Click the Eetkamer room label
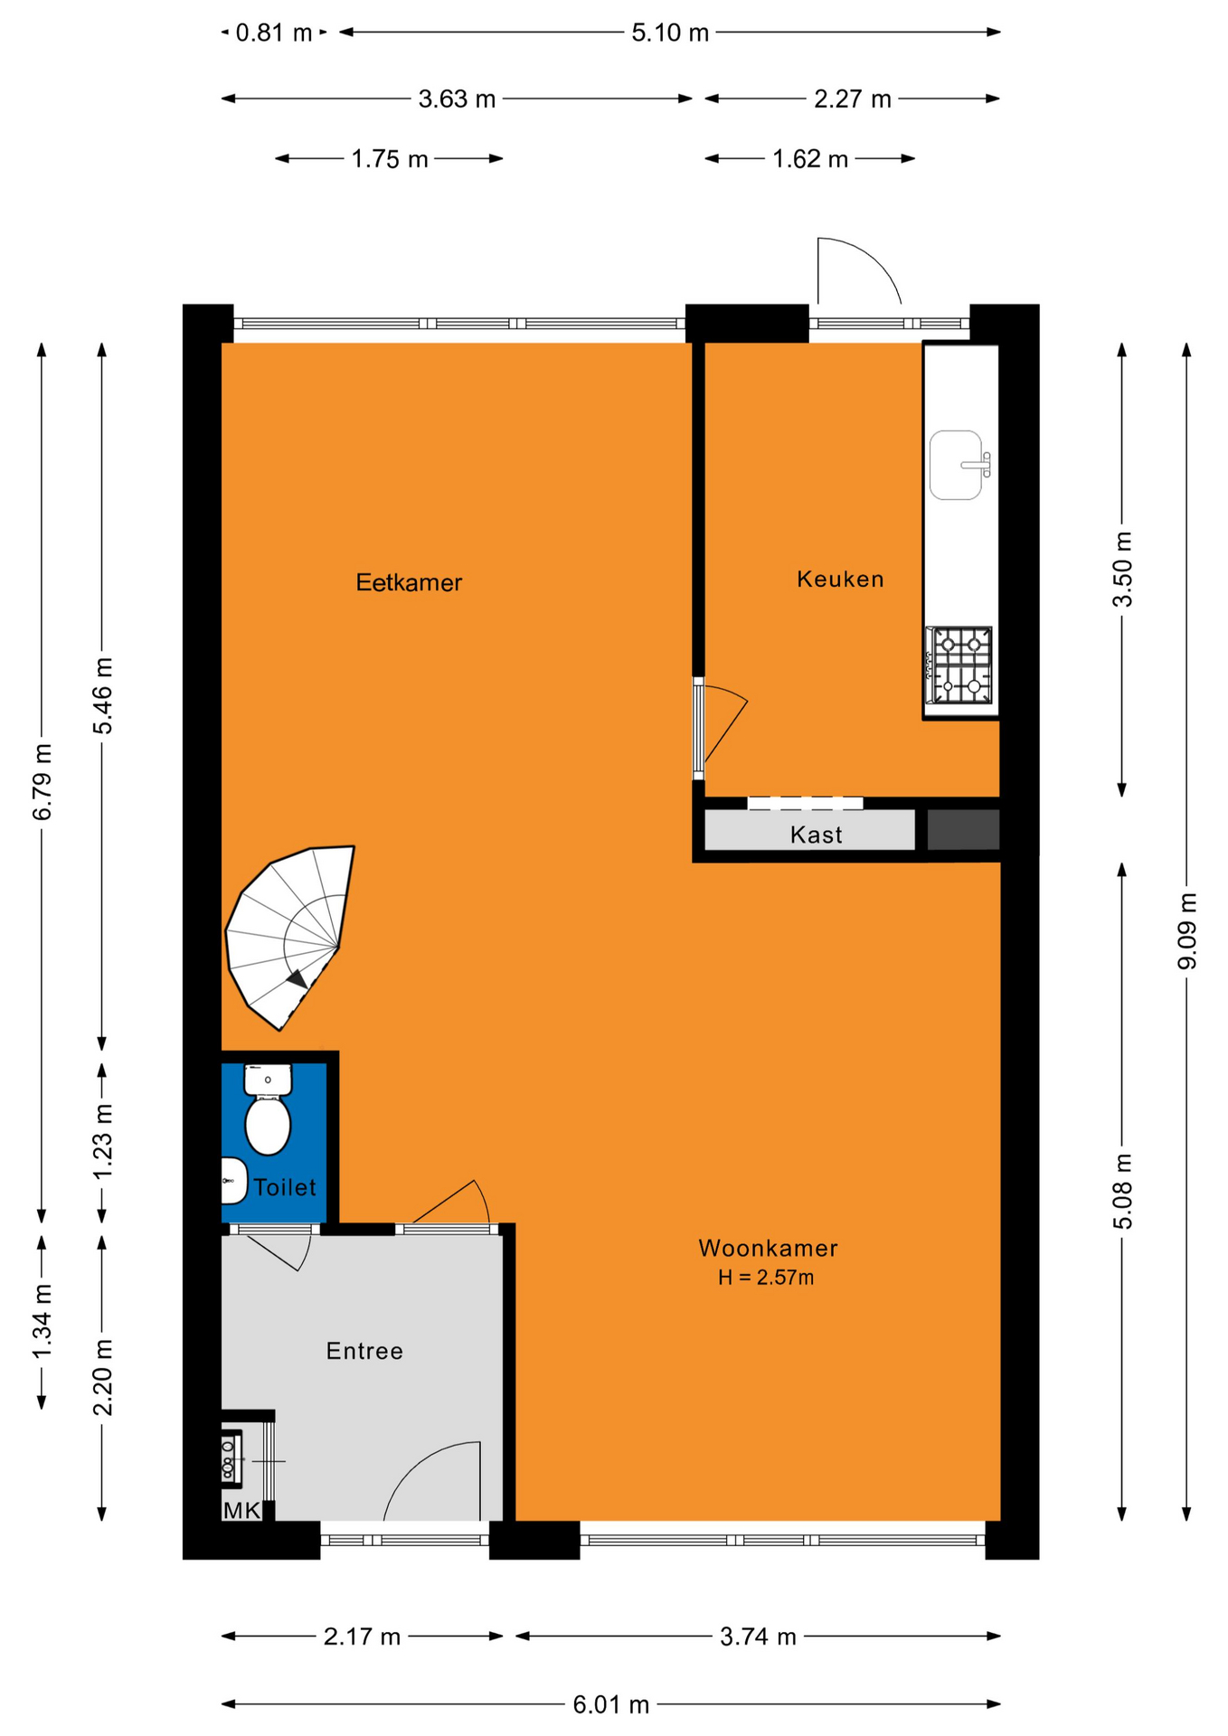click(x=409, y=582)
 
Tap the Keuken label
click(x=840, y=579)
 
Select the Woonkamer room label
click(x=768, y=1248)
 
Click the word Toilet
click(x=285, y=1187)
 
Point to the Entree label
click(x=364, y=1351)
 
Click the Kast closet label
click(x=816, y=835)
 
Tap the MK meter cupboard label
click(x=241, y=1510)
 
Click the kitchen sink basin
click(x=956, y=465)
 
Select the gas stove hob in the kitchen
click(x=959, y=665)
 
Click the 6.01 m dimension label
click(x=611, y=1704)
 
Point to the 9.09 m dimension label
click(x=1187, y=931)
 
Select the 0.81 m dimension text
click(x=274, y=33)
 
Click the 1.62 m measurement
click(x=810, y=159)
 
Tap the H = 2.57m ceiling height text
click(x=766, y=1278)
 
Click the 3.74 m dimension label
click(x=758, y=1637)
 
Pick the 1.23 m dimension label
click(x=102, y=1141)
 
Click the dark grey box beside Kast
click(x=963, y=830)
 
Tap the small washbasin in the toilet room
click(x=234, y=1181)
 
